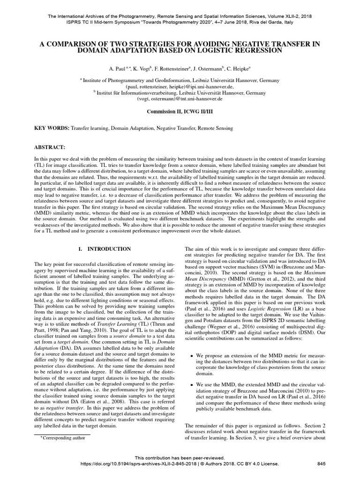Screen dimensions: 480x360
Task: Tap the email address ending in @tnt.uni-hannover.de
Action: (x=180, y=99)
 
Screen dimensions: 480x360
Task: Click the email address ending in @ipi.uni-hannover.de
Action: (x=180, y=87)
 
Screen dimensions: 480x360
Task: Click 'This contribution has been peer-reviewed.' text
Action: (x=180, y=457)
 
